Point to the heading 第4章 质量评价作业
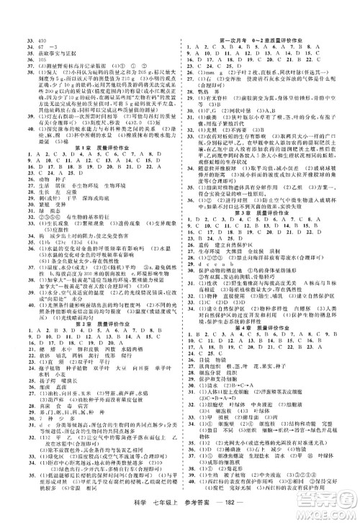click(270, 347)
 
